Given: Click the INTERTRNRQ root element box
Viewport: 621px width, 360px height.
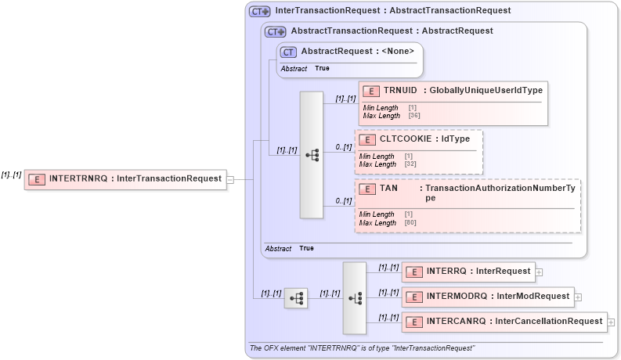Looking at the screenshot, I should pyautogui.click(x=125, y=178).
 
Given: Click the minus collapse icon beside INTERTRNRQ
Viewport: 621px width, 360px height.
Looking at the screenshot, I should pyautogui.click(x=230, y=179).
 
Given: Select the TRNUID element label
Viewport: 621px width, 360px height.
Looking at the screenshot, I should pyautogui.click(x=405, y=90).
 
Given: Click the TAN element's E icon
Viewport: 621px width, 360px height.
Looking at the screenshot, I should pyautogui.click(x=367, y=189).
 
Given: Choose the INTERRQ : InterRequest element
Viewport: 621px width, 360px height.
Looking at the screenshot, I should pyautogui.click(x=468, y=272).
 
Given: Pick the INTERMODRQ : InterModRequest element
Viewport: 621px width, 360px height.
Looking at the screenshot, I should pyautogui.click(x=487, y=297).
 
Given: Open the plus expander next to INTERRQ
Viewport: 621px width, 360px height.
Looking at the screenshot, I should pyautogui.click(x=540, y=272).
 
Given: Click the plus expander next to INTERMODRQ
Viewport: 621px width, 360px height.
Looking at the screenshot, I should pyautogui.click(x=578, y=297).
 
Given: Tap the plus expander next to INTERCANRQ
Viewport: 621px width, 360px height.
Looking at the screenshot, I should pyautogui.click(x=611, y=322).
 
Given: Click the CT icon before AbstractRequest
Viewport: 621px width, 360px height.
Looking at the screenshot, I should pyautogui.click(x=289, y=52).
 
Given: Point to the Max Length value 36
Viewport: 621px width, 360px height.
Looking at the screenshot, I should pyautogui.click(x=414, y=116).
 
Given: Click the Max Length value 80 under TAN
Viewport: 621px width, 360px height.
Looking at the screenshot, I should pyautogui.click(x=410, y=223).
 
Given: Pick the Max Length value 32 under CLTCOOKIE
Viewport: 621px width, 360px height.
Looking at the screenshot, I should pyautogui.click(x=410, y=164).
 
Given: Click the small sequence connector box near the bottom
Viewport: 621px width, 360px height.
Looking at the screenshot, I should pyautogui.click(x=295, y=298).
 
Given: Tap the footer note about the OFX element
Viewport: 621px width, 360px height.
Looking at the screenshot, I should pyautogui.click(x=362, y=347).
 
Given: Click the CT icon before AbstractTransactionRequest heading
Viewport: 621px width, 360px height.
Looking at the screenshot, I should pyautogui.click(x=275, y=31).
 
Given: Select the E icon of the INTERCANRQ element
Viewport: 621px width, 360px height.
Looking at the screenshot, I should pyautogui.click(x=413, y=322).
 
